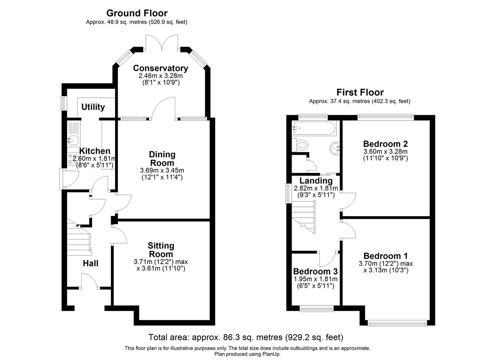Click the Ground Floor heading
137,13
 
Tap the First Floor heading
360,92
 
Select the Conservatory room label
160,68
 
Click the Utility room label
93,107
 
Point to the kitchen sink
73,140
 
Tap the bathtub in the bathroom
314,128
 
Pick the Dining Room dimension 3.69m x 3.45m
162,171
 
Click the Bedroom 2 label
386,144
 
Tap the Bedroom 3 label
315,271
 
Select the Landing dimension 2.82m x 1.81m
316,188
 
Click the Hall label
90,263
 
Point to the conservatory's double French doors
162,43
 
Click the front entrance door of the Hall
89,281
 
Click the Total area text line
246,338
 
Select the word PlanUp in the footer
271,354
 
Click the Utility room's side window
63,103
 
